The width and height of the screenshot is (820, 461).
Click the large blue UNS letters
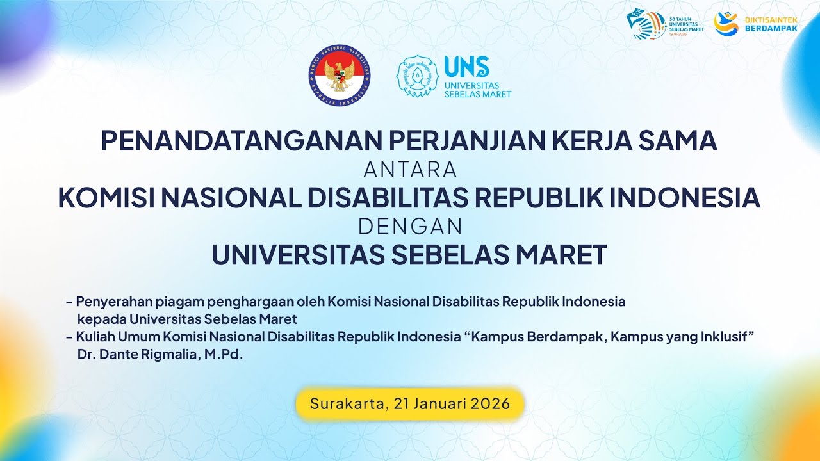(x=466, y=67)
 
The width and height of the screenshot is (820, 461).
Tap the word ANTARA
(x=410, y=170)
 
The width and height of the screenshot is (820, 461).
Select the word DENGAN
(x=410, y=227)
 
